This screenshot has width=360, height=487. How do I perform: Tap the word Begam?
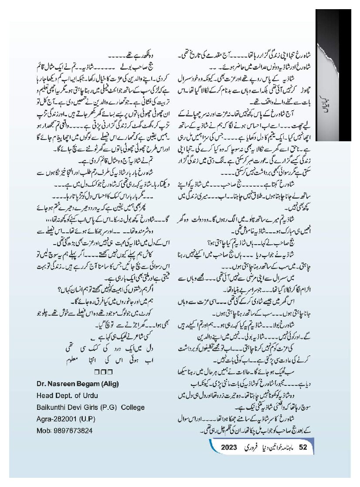89,384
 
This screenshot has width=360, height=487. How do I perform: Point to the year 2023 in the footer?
228,447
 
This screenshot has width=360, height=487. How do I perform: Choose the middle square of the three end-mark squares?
103,372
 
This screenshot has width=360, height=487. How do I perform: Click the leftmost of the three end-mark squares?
96,372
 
